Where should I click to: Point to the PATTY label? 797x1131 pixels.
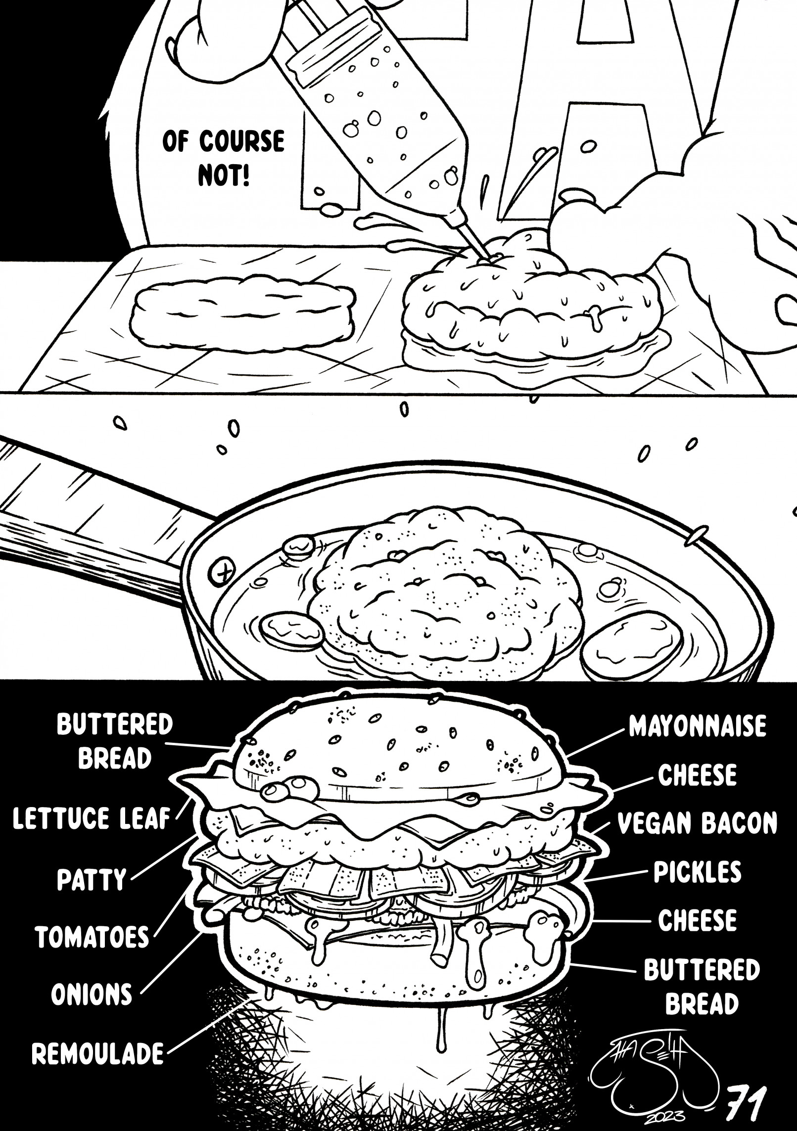[x=92, y=880]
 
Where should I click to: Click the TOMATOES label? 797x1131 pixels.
[x=92, y=936]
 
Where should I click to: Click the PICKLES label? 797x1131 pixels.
[x=698, y=872]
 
